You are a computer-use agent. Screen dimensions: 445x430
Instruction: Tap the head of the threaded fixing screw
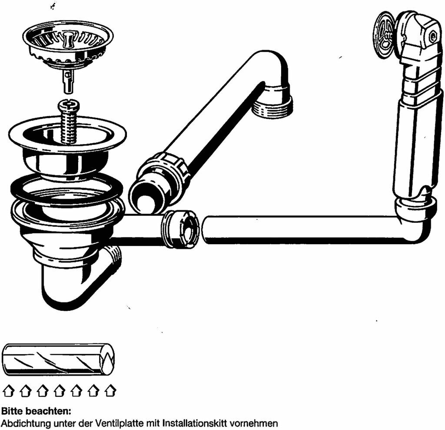click(x=68, y=106)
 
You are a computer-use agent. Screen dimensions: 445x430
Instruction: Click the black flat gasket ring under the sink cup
click(x=66, y=188)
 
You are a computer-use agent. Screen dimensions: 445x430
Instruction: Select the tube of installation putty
click(x=58, y=359)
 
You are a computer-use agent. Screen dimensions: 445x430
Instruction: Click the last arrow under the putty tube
click(x=110, y=390)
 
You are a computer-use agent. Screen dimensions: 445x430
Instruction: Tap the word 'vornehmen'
click(x=254, y=424)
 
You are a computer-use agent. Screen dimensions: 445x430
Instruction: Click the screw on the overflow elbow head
click(x=433, y=36)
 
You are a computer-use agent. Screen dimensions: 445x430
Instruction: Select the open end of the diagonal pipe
click(x=146, y=196)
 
